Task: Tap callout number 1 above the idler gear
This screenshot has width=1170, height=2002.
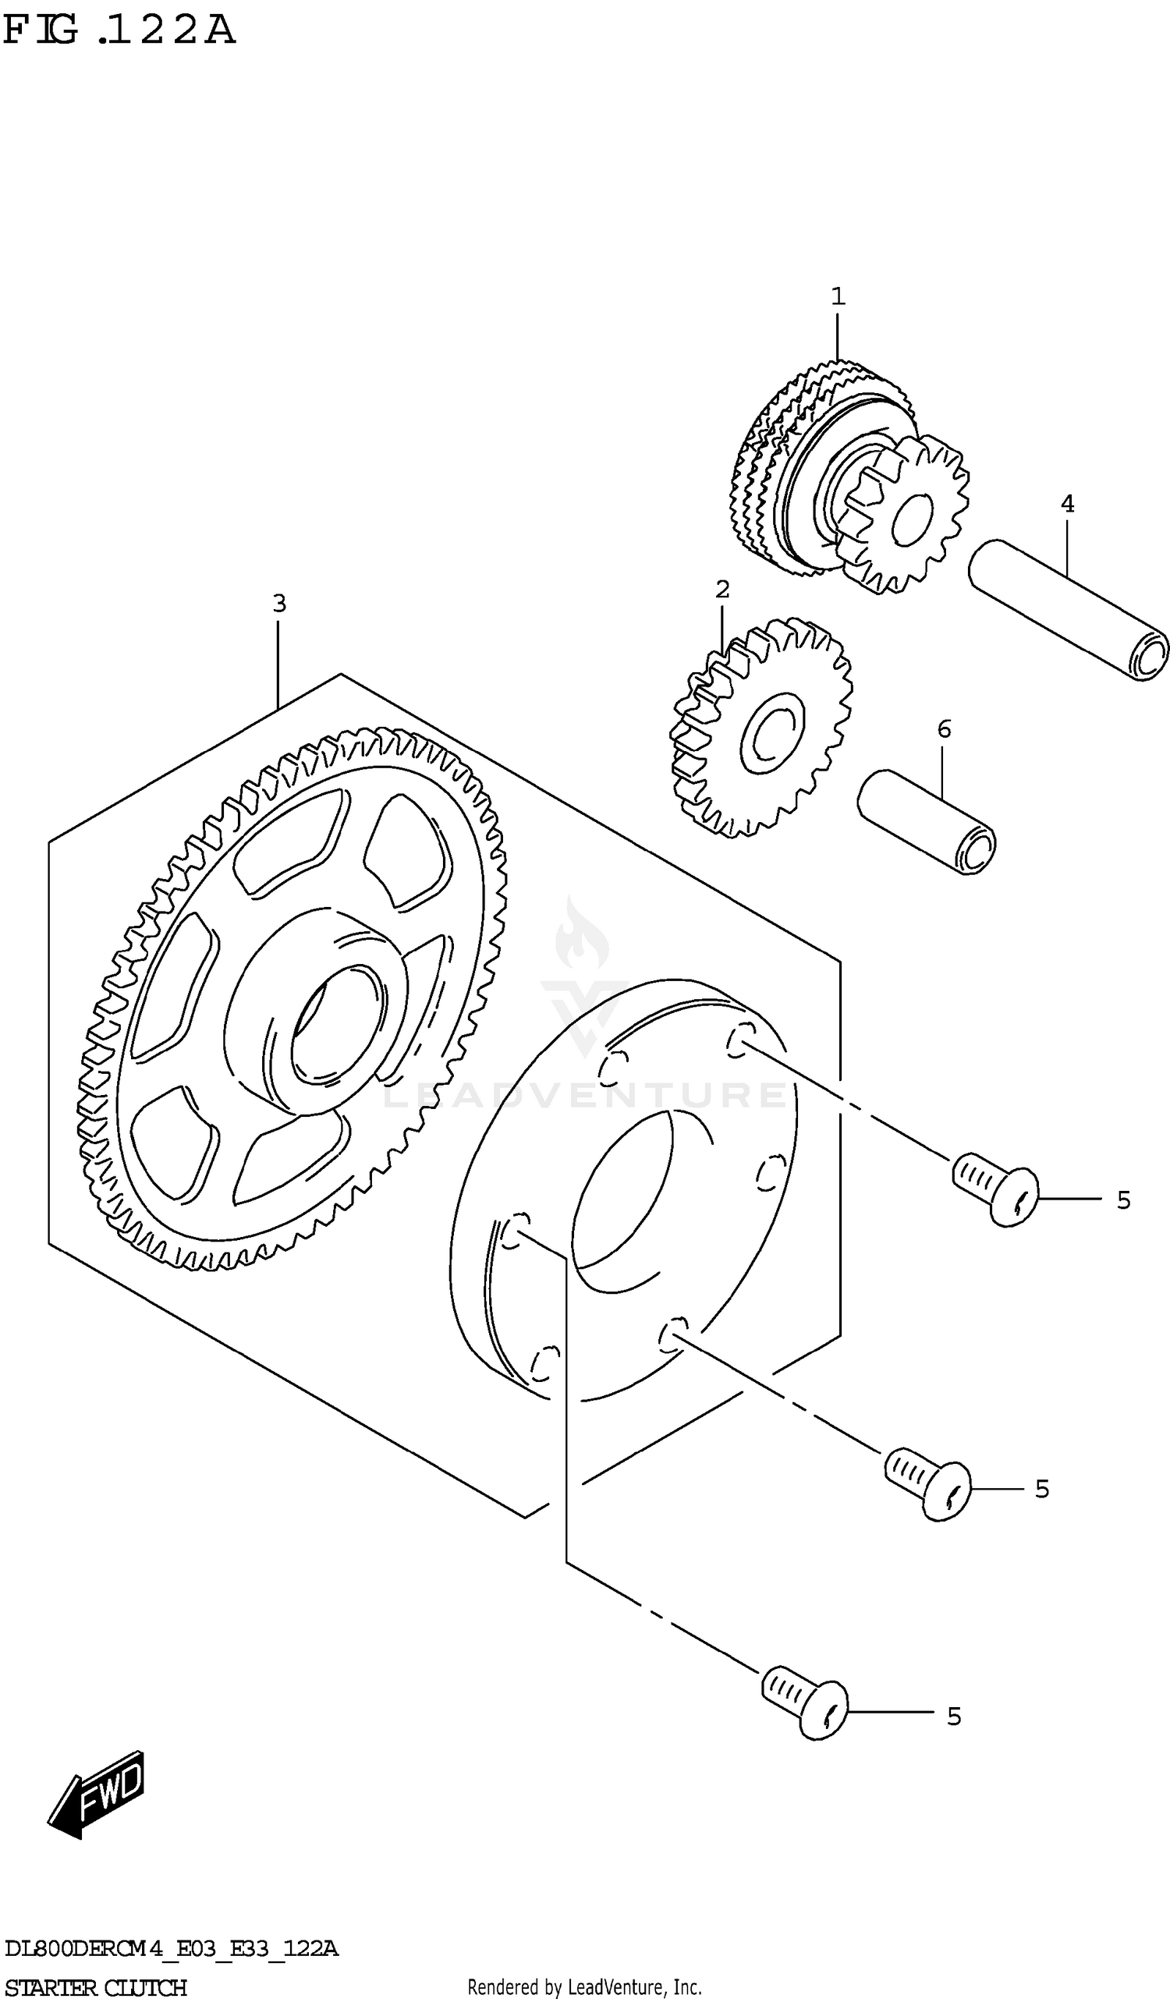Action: (x=837, y=297)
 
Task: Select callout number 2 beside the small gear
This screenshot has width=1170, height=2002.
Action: (x=722, y=590)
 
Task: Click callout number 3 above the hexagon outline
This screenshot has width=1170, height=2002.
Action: (x=278, y=604)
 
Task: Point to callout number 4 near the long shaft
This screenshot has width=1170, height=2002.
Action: (x=1067, y=504)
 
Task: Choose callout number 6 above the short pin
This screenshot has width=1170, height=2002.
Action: (x=944, y=728)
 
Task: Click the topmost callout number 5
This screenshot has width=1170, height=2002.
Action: (x=1122, y=1199)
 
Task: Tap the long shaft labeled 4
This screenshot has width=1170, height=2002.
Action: (x=1069, y=609)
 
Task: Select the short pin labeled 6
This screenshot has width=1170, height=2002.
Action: (x=926, y=821)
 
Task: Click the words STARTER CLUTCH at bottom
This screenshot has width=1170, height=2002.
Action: (x=95, y=1987)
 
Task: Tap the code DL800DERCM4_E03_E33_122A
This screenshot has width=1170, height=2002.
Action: (x=171, y=1948)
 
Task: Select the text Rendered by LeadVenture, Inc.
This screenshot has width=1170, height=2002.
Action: (x=583, y=1987)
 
